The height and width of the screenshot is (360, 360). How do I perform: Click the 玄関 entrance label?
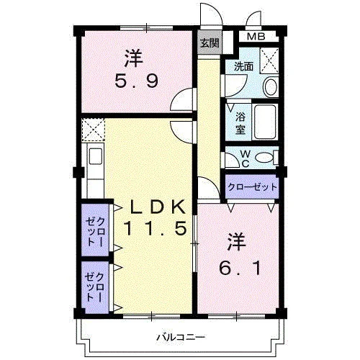pyautogui.click(x=210, y=43)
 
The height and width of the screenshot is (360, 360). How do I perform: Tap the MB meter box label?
pyautogui.click(x=256, y=37)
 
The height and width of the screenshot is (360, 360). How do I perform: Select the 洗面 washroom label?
pyautogui.click(x=243, y=66)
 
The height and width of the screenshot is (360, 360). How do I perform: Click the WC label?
pyautogui.click(x=245, y=158)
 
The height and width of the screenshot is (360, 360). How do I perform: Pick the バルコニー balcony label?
pyautogui.click(x=181, y=337)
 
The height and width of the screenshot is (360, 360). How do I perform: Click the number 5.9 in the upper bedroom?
pyautogui.click(x=137, y=81)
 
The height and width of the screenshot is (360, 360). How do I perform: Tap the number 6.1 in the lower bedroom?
pyautogui.click(x=240, y=268)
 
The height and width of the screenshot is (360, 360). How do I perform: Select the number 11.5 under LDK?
pyautogui.click(x=155, y=228)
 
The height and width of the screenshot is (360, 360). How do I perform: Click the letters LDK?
pyautogui.click(x=158, y=207)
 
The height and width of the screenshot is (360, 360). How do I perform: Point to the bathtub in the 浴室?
pyautogui.click(x=265, y=122)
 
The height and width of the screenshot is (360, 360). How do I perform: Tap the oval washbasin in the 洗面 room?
pyautogui.click(x=270, y=86)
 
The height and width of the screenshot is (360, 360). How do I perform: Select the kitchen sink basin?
pyautogui.click(x=96, y=156)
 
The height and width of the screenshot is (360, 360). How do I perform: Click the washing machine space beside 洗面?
pyautogui.click(x=269, y=60)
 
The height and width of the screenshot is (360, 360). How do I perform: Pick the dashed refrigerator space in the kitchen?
pyautogui.click(x=93, y=130)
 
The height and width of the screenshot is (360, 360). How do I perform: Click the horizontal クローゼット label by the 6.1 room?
pyautogui.click(x=252, y=186)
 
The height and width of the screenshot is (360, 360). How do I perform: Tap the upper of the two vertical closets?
pyautogui.click(x=96, y=230)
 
